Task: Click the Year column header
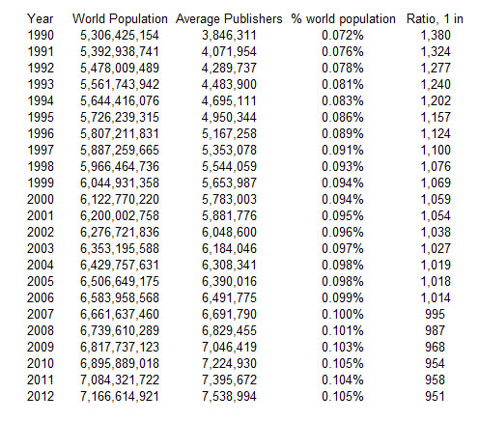point(41,19)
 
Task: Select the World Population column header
point(120,18)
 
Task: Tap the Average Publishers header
point(229,19)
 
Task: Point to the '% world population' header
point(343,19)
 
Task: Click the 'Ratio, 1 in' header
point(435,19)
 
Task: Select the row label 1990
point(41,35)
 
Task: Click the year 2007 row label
point(41,314)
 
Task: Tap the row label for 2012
point(41,396)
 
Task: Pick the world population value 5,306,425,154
point(120,36)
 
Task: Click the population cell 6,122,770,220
point(120,200)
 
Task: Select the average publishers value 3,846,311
point(229,36)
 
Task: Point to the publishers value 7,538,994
point(229,397)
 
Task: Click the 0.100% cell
point(343,314)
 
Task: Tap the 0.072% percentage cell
point(343,35)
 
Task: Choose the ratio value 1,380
point(436,36)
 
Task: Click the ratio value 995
point(435,314)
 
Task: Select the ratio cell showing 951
point(435,396)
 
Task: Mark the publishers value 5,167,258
point(229,134)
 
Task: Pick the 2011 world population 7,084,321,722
point(120,380)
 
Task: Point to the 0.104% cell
point(343,380)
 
